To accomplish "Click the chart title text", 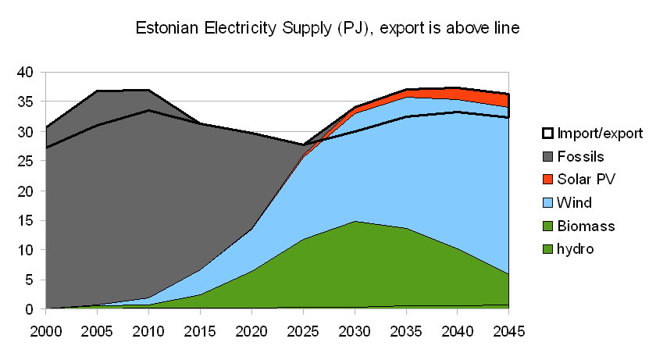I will [x=328, y=28].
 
